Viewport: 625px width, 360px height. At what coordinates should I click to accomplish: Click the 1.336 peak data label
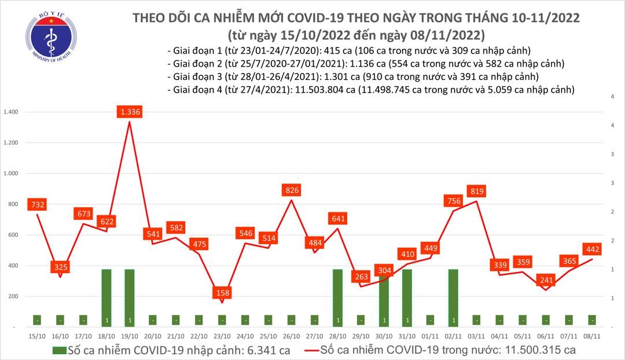tap(130, 111)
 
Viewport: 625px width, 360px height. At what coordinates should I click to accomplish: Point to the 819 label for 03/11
tap(477, 191)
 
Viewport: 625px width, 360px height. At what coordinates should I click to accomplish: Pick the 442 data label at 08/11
tap(593, 249)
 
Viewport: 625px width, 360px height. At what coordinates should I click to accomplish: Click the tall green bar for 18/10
tap(106, 297)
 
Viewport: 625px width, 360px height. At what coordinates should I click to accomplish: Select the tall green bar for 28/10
tap(337, 297)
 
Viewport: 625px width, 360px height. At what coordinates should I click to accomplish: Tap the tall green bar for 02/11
tap(453, 297)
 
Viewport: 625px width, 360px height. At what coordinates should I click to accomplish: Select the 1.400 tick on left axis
tap(11, 112)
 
